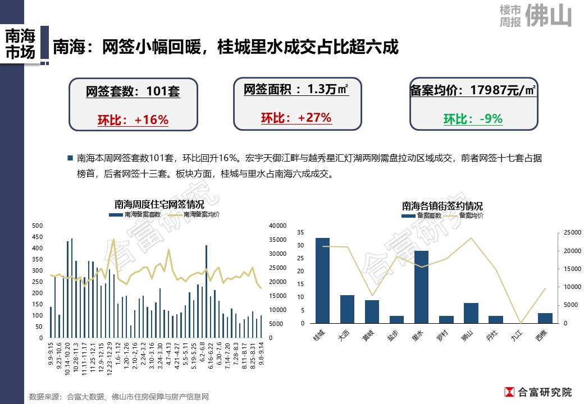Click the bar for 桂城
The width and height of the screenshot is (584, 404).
pyautogui.click(x=323, y=281)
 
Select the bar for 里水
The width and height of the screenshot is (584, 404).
pyautogui.click(x=422, y=287)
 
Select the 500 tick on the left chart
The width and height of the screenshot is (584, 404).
pyautogui.click(x=38, y=226)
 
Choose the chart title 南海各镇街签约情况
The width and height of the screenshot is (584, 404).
pyautogui.click(x=442, y=206)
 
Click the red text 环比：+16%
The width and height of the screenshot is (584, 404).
pyautogui.click(x=133, y=120)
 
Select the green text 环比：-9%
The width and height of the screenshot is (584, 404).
pyautogui.click(x=473, y=119)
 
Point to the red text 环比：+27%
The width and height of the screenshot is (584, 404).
pyautogui.click(x=296, y=118)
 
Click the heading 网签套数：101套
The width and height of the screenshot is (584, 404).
pyautogui.click(x=133, y=91)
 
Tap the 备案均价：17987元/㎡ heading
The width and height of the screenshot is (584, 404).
pyautogui.click(x=473, y=90)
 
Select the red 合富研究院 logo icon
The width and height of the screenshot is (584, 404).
pyautogui.click(x=510, y=392)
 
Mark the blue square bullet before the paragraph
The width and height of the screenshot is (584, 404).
pyautogui.click(x=70, y=158)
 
